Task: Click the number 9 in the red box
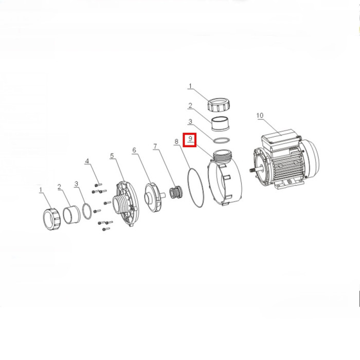190,139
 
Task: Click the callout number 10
260,115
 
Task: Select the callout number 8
176,141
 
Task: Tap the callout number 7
155,146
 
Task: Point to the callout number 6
134,150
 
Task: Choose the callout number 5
112,156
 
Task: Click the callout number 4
87,161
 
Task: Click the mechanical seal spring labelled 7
176,192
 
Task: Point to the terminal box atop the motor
281,140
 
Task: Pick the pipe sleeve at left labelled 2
71,215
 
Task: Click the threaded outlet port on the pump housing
223,156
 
